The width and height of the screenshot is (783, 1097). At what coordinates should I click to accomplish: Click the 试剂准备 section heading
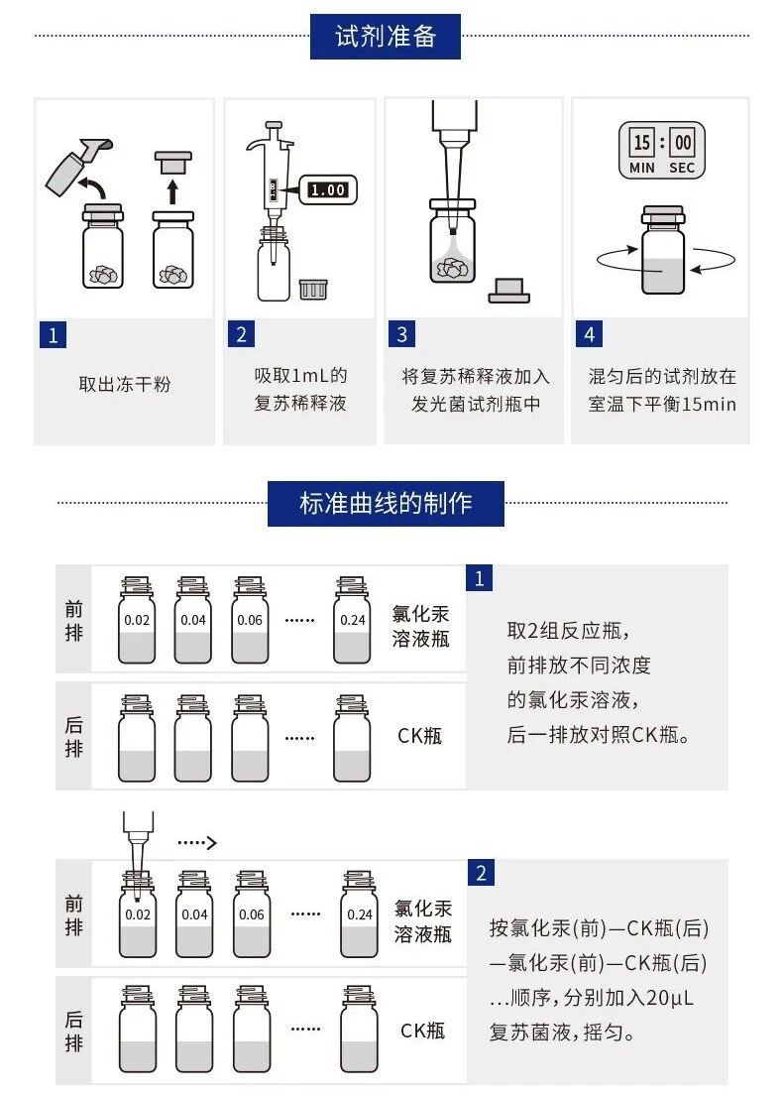tap(386, 37)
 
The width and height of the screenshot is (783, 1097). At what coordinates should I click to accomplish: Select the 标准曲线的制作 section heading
tap(386, 503)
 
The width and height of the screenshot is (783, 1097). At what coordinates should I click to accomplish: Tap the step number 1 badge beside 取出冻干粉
tap(53, 334)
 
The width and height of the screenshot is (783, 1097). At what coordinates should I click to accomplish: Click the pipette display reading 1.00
tap(327, 189)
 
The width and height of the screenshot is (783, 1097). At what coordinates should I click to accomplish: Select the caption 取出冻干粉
tap(125, 384)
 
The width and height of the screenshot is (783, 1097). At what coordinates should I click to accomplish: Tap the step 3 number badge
tap(401, 334)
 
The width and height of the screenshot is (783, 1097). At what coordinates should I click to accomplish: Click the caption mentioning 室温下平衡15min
tap(662, 405)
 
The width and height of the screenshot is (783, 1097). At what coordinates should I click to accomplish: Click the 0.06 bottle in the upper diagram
tap(251, 622)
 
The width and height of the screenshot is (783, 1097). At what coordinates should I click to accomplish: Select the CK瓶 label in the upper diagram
tap(420, 735)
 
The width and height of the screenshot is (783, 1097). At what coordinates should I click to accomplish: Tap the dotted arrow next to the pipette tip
tap(196, 843)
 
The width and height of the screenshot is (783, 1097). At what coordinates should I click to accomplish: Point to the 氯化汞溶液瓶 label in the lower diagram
tap(423, 920)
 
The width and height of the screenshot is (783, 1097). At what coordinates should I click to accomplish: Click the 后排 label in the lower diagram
tap(74, 1031)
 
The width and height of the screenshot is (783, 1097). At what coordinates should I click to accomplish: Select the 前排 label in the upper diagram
tap(74, 622)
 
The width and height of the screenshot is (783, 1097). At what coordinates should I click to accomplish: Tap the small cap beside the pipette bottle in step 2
tap(313, 289)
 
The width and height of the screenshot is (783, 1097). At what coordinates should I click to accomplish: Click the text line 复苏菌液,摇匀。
tap(563, 1033)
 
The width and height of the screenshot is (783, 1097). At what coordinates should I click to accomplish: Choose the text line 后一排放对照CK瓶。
tap(598, 735)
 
